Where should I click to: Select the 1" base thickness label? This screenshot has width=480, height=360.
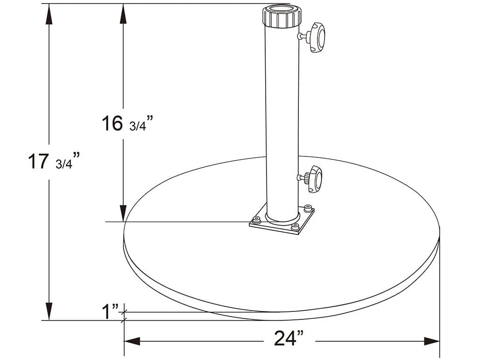coord(111,311)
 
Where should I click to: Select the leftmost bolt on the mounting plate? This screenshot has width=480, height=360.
coord(256,219)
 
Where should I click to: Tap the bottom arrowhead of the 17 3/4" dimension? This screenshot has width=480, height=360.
coord(49,311)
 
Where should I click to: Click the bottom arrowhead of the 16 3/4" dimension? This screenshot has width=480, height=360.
coord(123,212)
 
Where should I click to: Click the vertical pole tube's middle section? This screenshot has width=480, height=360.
coord(281,117)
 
